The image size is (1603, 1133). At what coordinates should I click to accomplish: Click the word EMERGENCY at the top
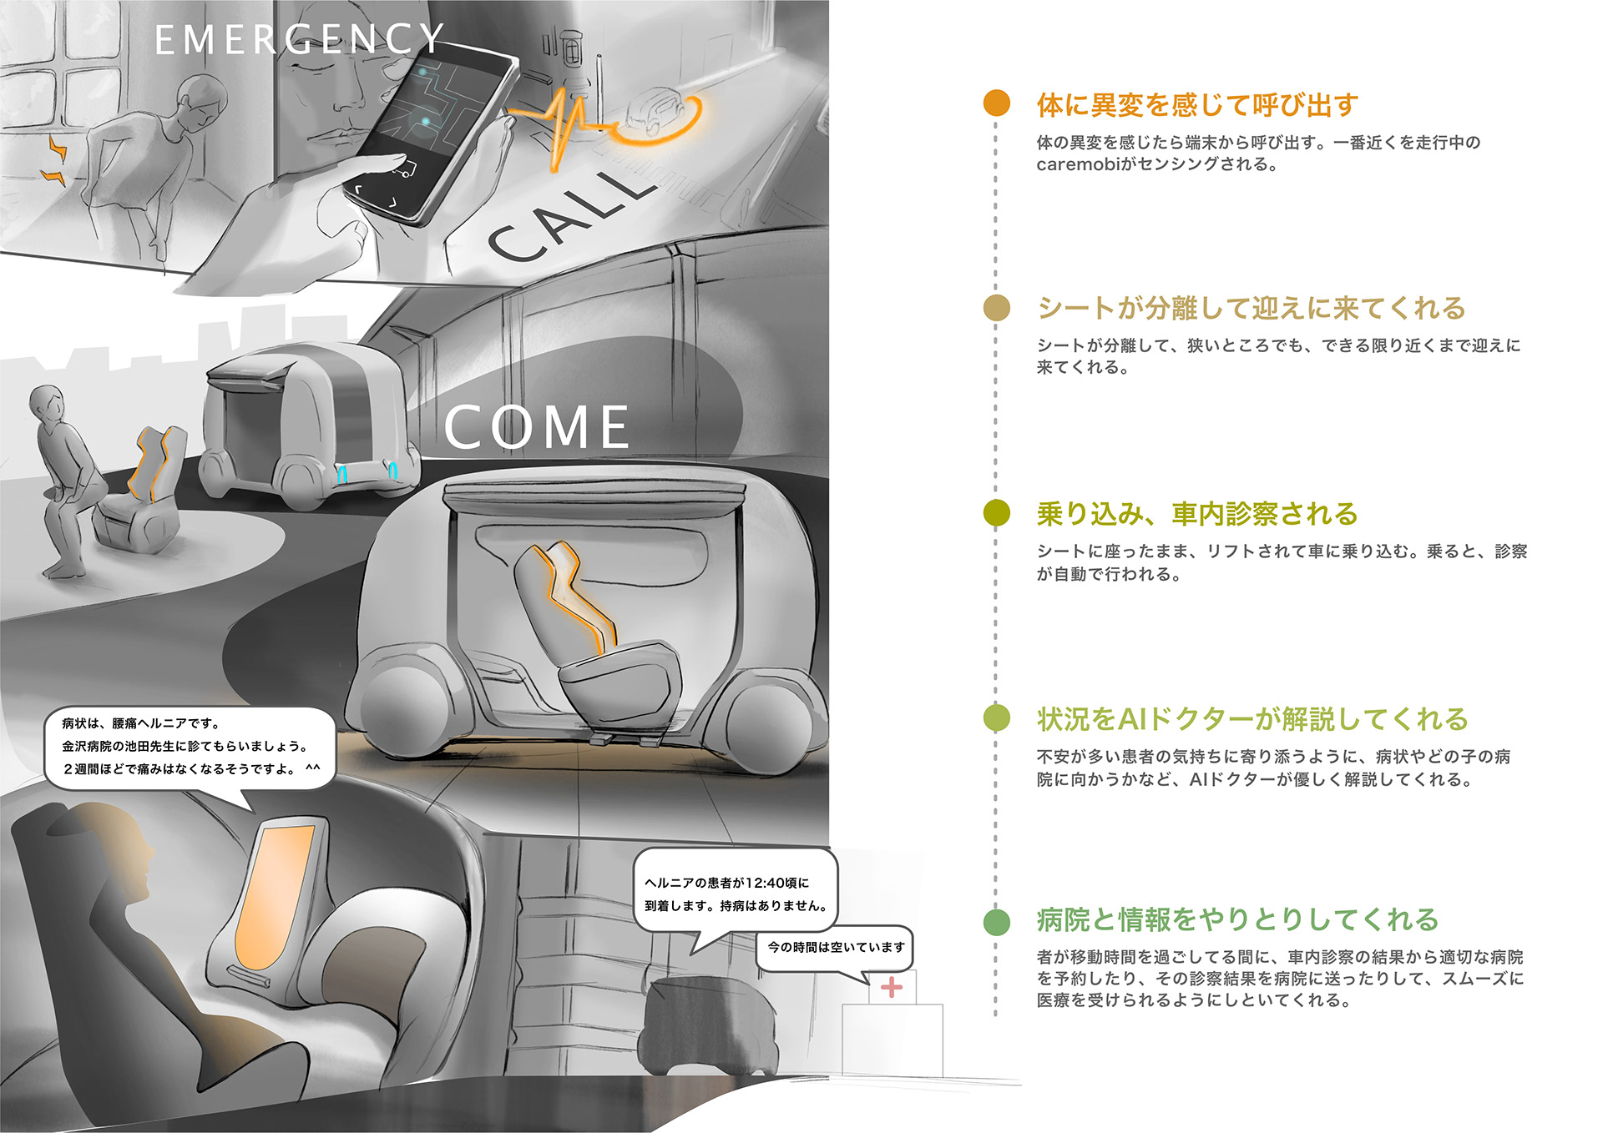point(299,39)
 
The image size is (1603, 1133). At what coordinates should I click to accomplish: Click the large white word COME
point(537,427)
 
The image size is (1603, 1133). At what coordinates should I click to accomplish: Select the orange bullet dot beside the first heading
point(996,103)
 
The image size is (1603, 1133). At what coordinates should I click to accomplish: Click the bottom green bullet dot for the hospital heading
point(996,921)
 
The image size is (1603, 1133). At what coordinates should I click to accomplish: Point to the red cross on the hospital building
point(892,988)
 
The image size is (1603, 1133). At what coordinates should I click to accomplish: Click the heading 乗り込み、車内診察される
point(1196,514)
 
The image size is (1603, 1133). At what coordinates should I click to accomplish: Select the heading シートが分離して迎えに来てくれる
point(1251,308)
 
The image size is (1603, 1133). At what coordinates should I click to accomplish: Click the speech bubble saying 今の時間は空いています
point(835,948)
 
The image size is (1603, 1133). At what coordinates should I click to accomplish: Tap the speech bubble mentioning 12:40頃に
point(735,894)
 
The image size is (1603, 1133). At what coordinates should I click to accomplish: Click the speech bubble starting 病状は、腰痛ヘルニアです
point(189,747)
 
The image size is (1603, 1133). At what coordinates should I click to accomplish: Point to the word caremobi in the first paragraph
point(1077,165)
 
